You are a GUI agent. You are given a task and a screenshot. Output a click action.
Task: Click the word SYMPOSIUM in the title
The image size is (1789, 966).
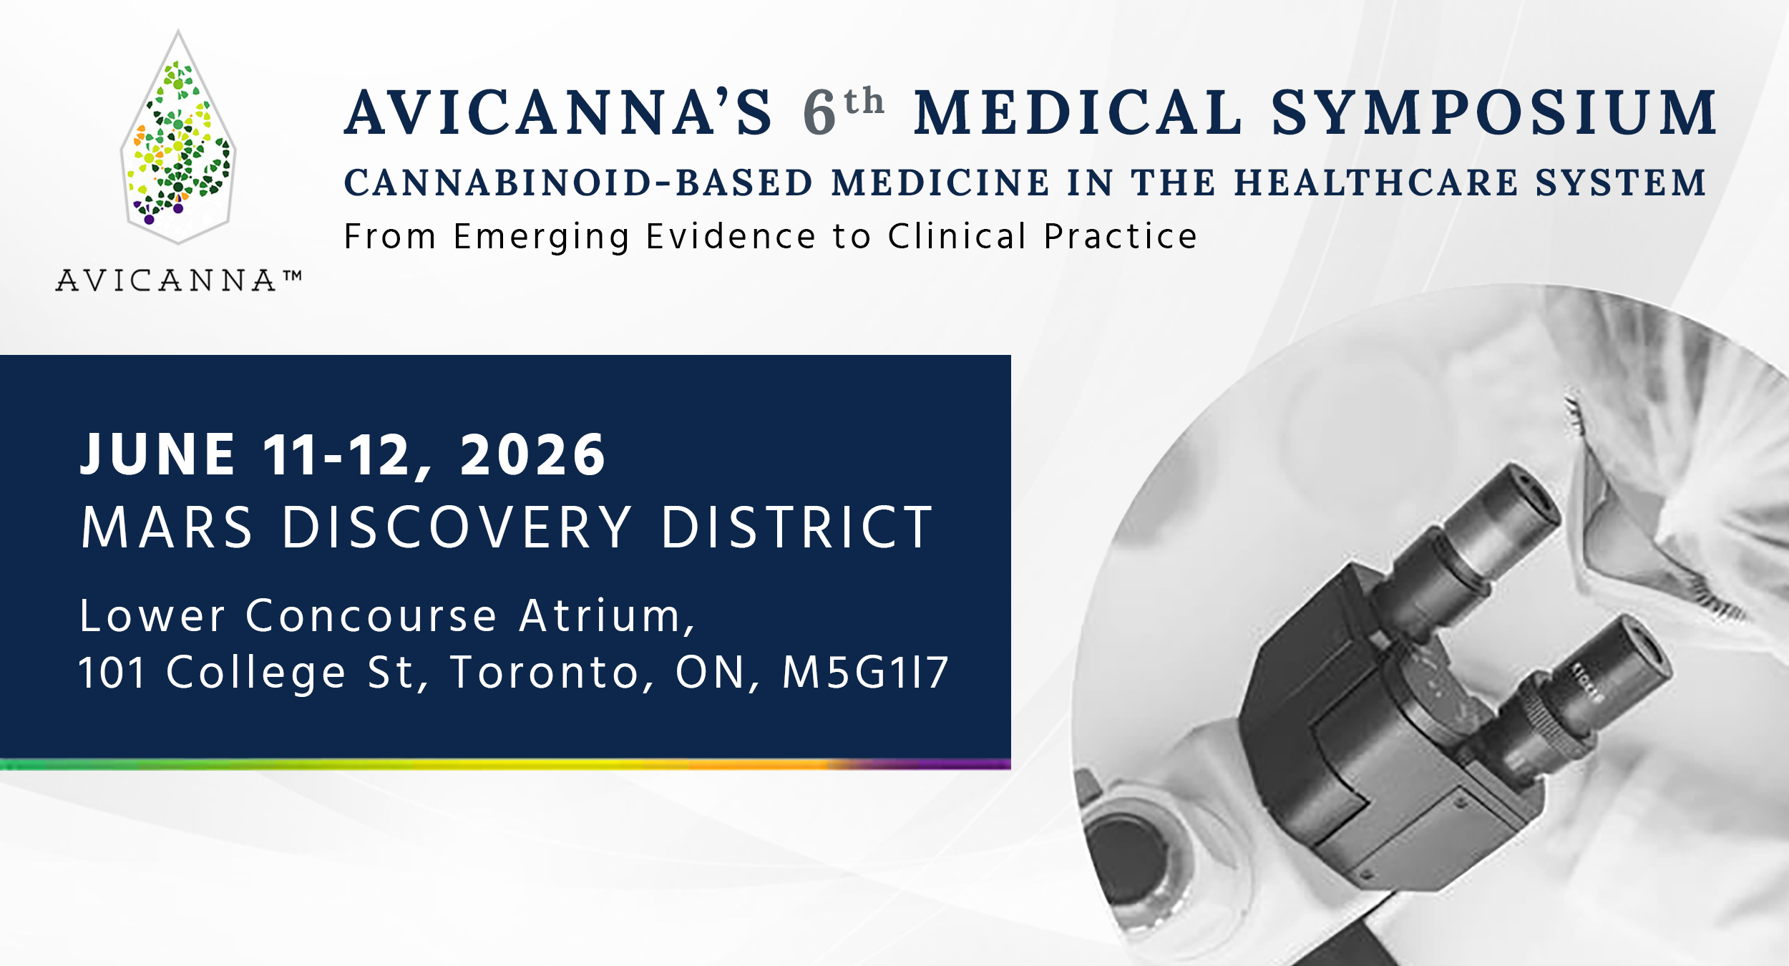point(1493,112)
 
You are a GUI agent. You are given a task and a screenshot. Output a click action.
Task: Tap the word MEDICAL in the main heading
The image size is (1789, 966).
point(1078,112)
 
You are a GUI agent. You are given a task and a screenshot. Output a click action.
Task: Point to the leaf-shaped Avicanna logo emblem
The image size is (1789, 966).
point(178,137)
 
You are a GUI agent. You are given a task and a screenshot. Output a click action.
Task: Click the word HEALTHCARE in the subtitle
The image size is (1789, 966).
point(1377,182)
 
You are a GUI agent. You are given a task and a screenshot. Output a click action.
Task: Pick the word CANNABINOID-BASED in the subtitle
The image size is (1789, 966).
point(579,182)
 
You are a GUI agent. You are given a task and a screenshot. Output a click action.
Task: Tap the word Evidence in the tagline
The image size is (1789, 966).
point(731,236)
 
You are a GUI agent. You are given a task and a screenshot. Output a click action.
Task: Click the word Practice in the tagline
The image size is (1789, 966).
point(1121,236)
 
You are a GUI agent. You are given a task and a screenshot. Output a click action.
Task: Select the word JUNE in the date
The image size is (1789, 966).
point(157,454)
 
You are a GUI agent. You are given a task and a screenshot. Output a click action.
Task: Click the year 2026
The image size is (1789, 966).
point(532,454)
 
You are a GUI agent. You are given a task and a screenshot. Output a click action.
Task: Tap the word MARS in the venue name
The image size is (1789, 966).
point(167,527)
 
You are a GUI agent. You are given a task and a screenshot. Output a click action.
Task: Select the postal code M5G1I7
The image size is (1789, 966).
point(866,673)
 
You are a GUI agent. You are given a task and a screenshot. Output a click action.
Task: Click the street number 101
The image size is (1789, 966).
point(112,673)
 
